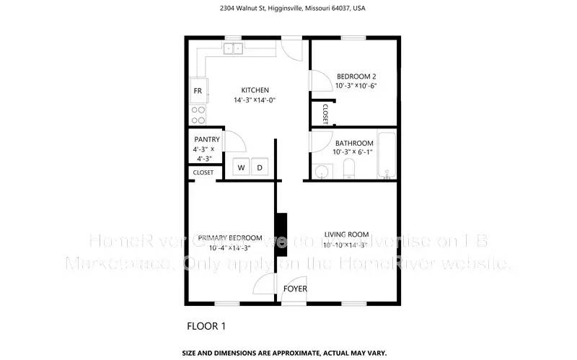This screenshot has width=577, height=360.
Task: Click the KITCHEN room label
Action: click(x=255, y=90)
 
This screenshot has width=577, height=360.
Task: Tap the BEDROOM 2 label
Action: click(x=356, y=76)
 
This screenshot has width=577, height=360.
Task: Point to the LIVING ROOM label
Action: click(x=346, y=234)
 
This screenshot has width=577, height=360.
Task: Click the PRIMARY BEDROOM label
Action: click(x=229, y=238)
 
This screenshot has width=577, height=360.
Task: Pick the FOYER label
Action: click(x=295, y=289)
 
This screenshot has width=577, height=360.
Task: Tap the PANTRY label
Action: click(x=206, y=139)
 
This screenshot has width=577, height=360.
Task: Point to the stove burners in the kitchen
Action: click(x=198, y=114)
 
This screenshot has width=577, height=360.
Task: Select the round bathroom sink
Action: click(x=322, y=172)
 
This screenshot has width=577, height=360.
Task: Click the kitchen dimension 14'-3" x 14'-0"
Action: click(x=255, y=100)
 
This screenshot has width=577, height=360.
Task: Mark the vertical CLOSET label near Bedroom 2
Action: click(x=325, y=114)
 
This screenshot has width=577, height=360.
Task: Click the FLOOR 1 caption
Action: click(x=206, y=326)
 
